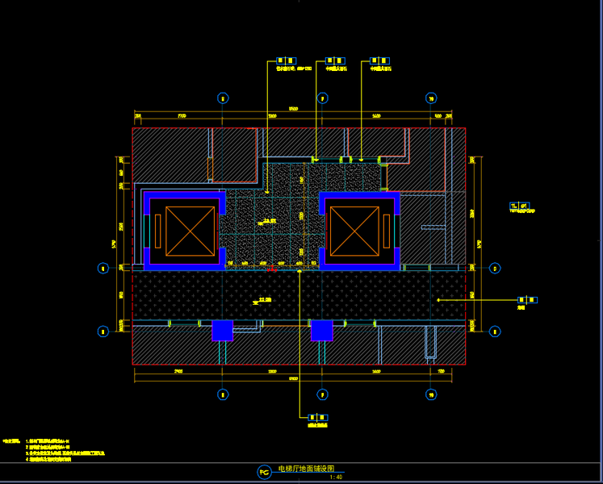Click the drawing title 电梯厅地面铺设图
(304, 468)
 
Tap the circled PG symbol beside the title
(264, 472)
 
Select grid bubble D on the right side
(495, 269)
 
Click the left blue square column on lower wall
(222, 331)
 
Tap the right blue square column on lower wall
(322, 331)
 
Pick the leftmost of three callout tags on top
(286, 60)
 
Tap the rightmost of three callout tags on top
(379, 60)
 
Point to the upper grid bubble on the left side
(103, 269)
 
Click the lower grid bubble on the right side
(495, 331)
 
